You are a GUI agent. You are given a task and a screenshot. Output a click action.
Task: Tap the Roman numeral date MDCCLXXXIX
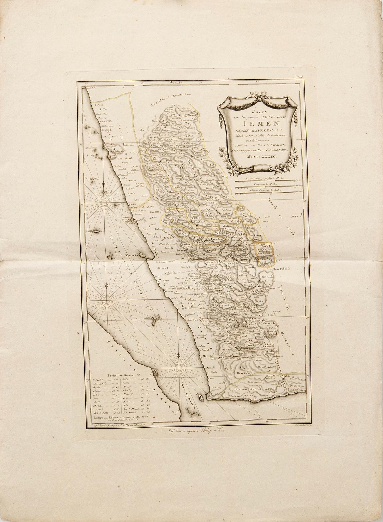[258, 156]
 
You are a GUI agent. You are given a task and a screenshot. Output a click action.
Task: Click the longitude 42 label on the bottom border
[266, 500]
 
